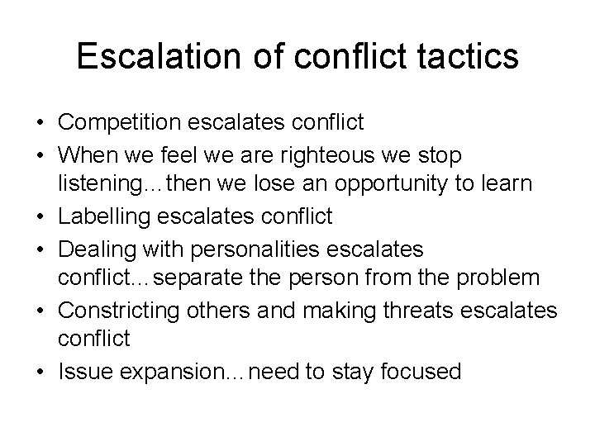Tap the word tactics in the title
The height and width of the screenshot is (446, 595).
469,56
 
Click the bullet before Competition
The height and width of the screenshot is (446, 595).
40,124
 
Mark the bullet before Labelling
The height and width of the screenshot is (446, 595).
40,217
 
